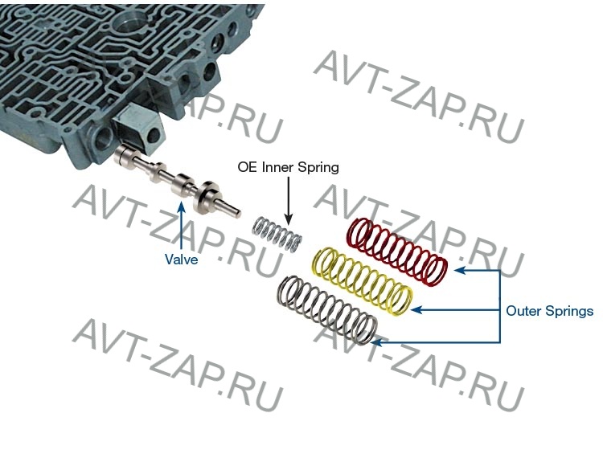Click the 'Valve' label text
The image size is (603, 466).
click(x=182, y=260)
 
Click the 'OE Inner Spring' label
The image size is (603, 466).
click(x=288, y=168)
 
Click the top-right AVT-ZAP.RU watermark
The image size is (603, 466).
click(x=419, y=96)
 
